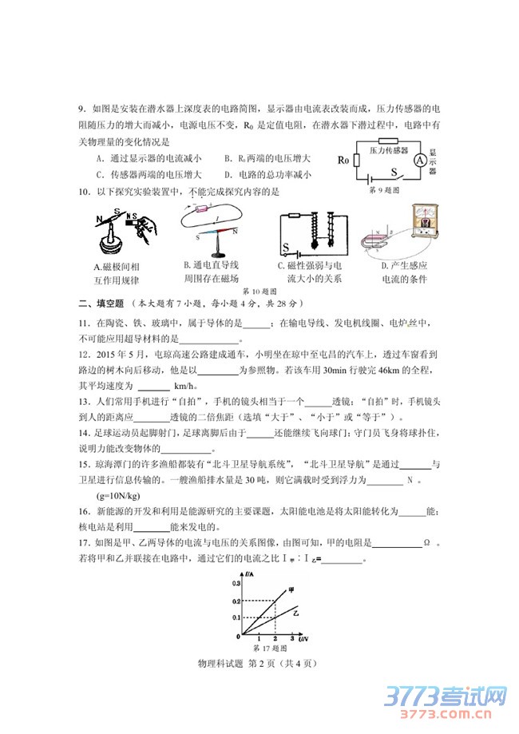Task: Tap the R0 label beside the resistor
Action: tap(343, 160)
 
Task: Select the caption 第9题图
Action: tap(383, 190)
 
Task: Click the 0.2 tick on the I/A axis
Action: tap(236, 600)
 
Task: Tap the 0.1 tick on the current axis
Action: tap(236, 617)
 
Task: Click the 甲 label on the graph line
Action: tap(301, 589)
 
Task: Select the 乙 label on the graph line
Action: tap(295, 613)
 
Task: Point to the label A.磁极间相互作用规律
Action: tap(117, 272)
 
